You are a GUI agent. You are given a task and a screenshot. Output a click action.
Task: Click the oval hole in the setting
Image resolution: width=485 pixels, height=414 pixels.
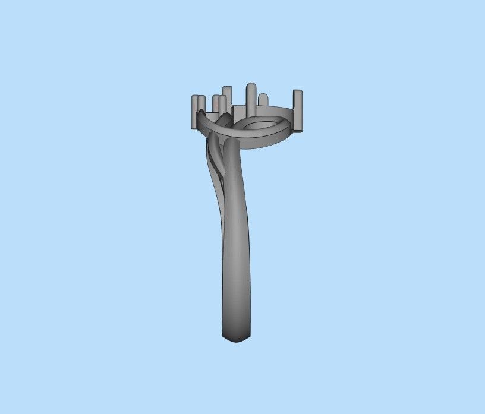coord(260,126)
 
